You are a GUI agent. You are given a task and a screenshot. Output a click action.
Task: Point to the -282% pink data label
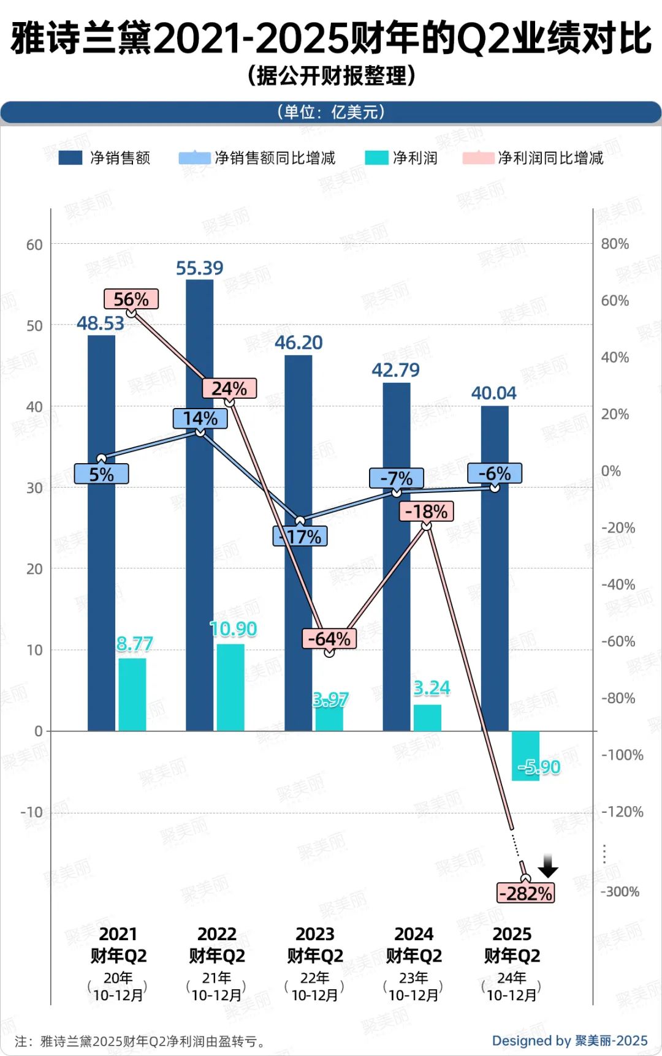pyautogui.click(x=526, y=893)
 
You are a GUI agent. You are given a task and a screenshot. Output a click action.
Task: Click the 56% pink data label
pyautogui.click(x=131, y=299)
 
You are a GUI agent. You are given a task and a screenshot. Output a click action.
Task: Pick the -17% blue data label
pyautogui.click(x=300, y=537)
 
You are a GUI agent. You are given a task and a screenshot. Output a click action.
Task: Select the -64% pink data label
pyautogui.click(x=329, y=639)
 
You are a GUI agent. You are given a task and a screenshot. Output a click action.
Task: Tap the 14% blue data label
pyautogui.click(x=200, y=418)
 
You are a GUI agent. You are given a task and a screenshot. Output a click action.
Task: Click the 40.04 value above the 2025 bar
pyautogui.click(x=493, y=393)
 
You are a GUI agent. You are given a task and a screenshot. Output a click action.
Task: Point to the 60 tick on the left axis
pyautogui.click(x=34, y=245)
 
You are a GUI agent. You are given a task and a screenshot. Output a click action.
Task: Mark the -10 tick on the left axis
pyautogui.click(x=32, y=812)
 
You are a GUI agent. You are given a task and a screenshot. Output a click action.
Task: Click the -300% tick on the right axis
pyautogui.click(x=620, y=892)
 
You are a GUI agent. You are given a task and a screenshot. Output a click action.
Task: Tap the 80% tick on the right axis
pyautogui.click(x=615, y=244)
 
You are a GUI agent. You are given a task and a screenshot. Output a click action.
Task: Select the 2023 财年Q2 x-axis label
pyautogui.click(x=315, y=945)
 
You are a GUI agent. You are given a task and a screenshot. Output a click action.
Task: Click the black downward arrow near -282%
pyautogui.click(x=548, y=866)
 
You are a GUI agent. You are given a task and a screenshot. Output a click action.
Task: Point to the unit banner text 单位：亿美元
pyautogui.click(x=331, y=112)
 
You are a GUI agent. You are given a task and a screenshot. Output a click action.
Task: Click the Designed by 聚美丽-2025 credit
pyautogui.click(x=569, y=1041)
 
